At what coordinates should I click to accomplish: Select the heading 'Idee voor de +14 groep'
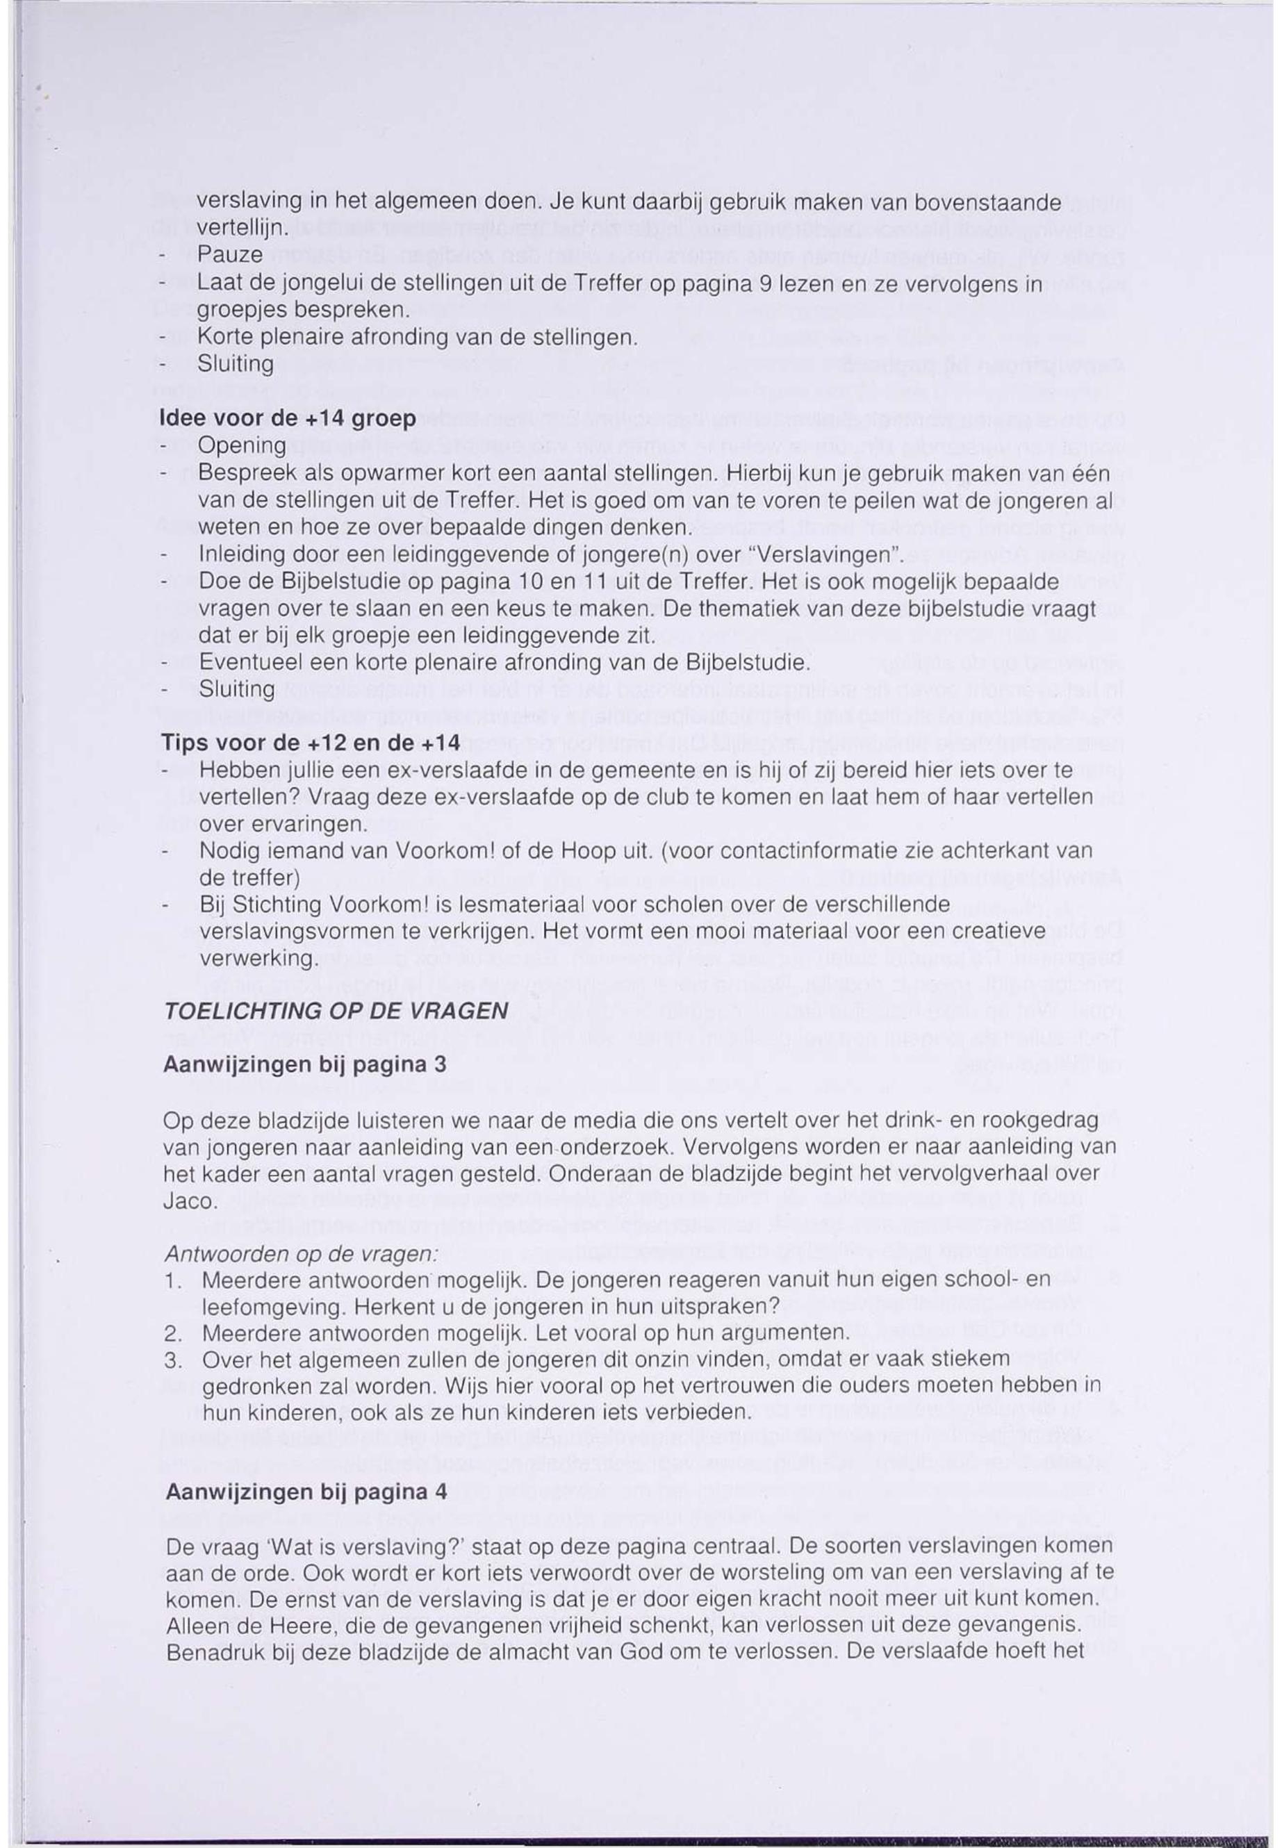pyautogui.click(x=289, y=418)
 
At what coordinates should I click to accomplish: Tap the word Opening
pyautogui.click(x=242, y=446)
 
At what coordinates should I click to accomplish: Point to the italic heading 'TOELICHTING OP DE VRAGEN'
pyautogui.click(x=336, y=1011)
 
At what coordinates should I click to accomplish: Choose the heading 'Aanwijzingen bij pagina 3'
pyautogui.click(x=304, y=1065)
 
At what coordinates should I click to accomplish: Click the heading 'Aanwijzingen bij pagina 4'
pyautogui.click(x=306, y=1492)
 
